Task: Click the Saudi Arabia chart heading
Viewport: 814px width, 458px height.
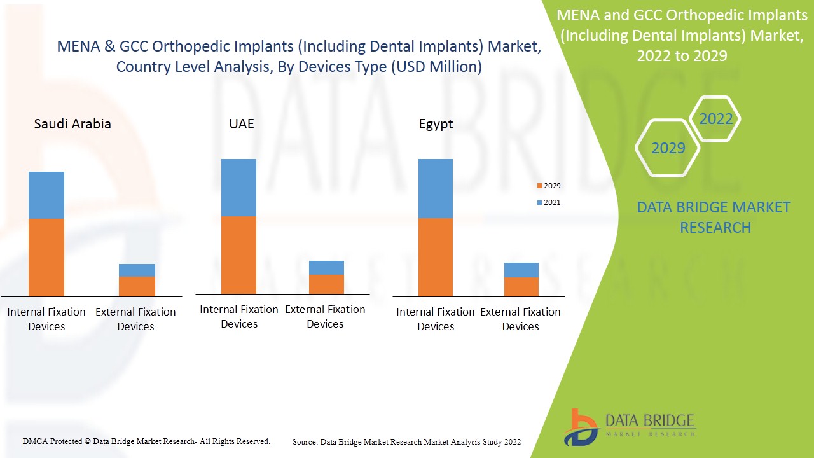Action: pyautogui.click(x=72, y=124)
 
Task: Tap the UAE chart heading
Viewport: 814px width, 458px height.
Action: pyautogui.click(x=242, y=124)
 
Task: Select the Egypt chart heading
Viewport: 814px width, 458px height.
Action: pyautogui.click(x=436, y=124)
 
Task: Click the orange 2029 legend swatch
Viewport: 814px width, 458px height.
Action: pyautogui.click(x=539, y=186)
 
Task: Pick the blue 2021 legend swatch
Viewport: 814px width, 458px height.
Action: pyautogui.click(x=539, y=202)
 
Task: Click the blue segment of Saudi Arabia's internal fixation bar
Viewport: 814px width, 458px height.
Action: pyautogui.click(x=46, y=195)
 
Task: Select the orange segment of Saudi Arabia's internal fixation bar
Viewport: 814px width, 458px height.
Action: pyautogui.click(x=46, y=257)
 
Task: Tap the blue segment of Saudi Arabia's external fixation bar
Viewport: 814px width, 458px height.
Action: pyautogui.click(x=137, y=270)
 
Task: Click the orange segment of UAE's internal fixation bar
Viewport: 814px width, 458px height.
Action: pyautogui.click(x=238, y=254)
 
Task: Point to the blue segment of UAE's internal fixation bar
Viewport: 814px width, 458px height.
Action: pyautogui.click(x=238, y=188)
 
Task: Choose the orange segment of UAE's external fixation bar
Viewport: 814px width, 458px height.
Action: pyautogui.click(x=326, y=284)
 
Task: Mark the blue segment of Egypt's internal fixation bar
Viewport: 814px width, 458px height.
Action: pyautogui.click(x=436, y=189)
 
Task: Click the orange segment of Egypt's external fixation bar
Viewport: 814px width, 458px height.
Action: pyautogui.click(x=521, y=286)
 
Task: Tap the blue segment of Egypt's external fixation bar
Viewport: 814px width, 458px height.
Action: pyautogui.click(x=521, y=270)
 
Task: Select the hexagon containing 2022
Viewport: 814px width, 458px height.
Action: pyautogui.click(x=715, y=119)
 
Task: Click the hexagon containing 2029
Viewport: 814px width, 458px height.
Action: pyautogui.click(x=668, y=148)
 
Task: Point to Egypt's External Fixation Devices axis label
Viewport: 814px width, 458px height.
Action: pyautogui.click(x=520, y=319)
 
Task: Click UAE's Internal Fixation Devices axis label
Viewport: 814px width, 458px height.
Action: pyautogui.click(x=239, y=316)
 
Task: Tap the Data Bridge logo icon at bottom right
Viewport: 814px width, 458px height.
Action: pyautogui.click(x=581, y=427)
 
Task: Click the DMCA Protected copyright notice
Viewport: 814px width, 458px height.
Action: pyautogui.click(x=146, y=441)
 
